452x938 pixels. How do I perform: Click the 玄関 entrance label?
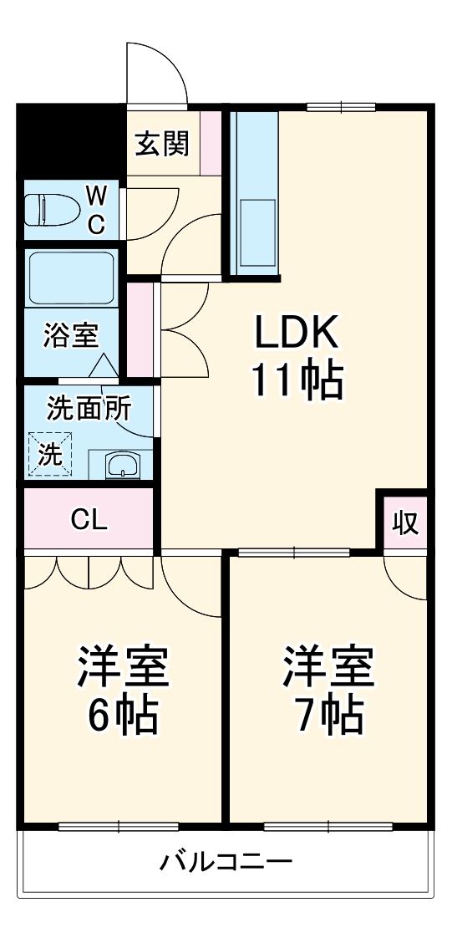click(163, 144)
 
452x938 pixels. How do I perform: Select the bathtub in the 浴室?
click(70, 278)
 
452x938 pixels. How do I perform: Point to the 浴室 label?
click(71, 336)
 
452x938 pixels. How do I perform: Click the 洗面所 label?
click(88, 409)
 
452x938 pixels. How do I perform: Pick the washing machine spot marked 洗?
click(50, 455)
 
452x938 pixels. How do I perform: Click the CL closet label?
click(89, 521)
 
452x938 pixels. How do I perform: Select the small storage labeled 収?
click(405, 522)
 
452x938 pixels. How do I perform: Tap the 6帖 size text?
click(123, 714)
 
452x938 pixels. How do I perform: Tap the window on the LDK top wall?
click(340, 106)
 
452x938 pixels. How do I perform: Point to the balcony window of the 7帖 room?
click(328, 828)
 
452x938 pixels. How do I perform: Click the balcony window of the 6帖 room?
click(119, 828)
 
